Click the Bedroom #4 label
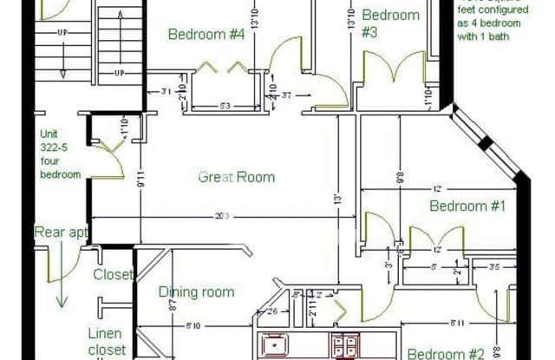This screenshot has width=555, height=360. tap(206, 36)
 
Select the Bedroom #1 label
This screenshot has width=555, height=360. tap(467, 206)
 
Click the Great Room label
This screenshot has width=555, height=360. tap(236, 177)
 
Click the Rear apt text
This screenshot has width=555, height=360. tap(61, 232)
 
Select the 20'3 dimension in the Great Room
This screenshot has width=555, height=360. tap(225, 216)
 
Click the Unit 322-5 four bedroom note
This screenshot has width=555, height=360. tap(60, 154)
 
